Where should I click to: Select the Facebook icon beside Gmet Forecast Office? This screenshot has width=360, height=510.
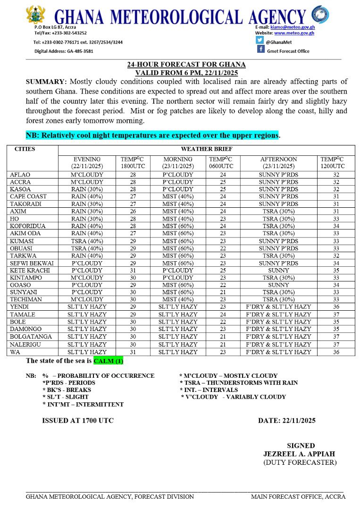coord(260,50)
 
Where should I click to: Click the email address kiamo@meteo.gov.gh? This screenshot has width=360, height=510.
coord(296,27)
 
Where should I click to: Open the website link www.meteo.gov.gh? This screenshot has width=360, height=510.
coord(294,33)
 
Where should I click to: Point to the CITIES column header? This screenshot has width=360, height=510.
coord(25,149)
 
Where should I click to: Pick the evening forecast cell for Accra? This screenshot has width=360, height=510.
coord(87,181)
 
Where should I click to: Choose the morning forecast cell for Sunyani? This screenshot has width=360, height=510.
coord(178,292)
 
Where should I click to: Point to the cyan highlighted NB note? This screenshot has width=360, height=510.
coord(152,135)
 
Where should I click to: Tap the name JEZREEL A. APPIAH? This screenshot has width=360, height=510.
coord(299,454)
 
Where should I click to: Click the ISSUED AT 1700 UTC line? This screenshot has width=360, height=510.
coord(78,420)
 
